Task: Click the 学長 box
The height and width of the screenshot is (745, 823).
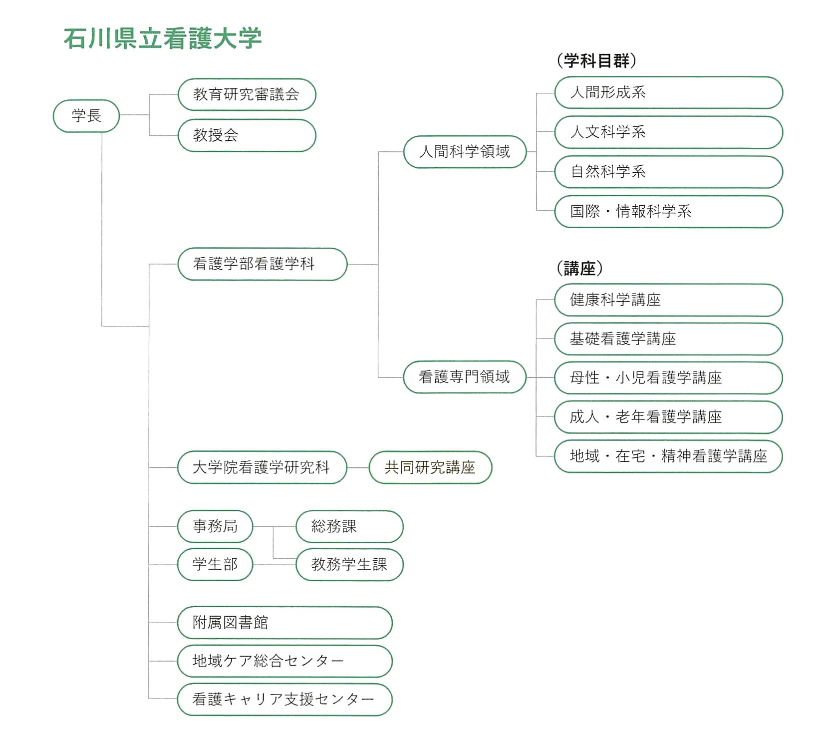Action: [x=86, y=116]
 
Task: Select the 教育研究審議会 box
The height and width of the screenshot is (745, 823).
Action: [x=247, y=94]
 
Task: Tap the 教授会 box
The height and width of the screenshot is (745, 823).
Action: [x=247, y=135]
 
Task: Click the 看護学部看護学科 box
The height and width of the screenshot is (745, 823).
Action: [x=263, y=264]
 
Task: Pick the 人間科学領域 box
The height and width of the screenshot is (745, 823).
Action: [x=465, y=152]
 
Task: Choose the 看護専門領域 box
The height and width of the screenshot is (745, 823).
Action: [x=465, y=377]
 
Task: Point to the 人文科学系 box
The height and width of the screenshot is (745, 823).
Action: [x=669, y=132]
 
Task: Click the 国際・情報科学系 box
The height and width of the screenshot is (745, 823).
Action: [x=669, y=212]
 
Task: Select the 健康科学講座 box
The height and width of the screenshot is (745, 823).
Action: [x=669, y=300]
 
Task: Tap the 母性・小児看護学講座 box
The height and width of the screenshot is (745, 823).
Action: [x=669, y=378]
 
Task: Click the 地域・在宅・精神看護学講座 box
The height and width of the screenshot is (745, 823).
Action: [x=669, y=456]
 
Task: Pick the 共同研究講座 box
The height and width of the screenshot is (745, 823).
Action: [x=431, y=467]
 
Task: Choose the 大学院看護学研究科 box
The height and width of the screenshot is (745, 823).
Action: [x=263, y=467]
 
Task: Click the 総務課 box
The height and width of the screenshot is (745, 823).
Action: [x=349, y=526]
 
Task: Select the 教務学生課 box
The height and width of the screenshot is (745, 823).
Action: [x=349, y=565]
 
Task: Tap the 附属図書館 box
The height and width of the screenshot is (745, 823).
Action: [x=285, y=623]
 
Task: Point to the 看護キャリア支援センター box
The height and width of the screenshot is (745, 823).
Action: [x=285, y=700]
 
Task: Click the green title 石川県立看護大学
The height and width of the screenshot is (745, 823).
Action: [x=163, y=38]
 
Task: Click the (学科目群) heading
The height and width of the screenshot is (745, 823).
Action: [x=596, y=60]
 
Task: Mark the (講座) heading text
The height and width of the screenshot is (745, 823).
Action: [x=579, y=269]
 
